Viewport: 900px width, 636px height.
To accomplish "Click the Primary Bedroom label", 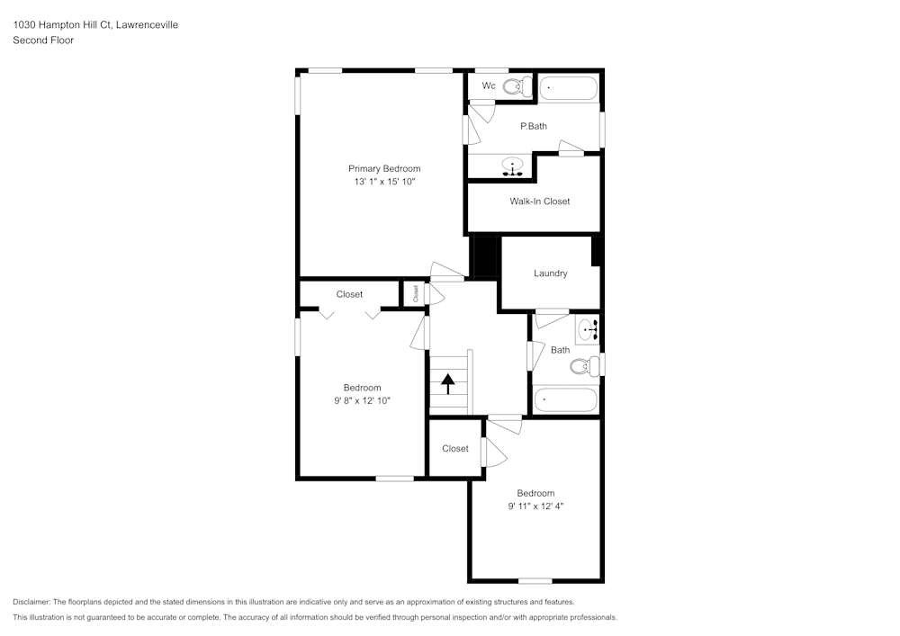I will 384,168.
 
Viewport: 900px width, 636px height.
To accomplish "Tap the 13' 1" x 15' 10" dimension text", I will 384,182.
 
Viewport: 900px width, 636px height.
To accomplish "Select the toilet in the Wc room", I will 516,86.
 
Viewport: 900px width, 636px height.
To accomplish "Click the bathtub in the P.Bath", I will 568,88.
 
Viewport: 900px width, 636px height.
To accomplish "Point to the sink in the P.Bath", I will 513,166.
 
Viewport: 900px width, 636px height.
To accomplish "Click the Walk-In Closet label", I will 540,202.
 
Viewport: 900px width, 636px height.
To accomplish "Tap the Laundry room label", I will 550,273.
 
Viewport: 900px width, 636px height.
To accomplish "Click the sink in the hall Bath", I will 587,330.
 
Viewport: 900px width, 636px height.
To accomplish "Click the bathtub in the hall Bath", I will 566,399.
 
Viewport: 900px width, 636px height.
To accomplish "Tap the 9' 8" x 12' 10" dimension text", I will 362,401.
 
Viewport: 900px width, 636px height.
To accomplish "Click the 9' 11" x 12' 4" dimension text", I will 535,506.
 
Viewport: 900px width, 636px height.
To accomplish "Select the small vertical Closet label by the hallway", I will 415,293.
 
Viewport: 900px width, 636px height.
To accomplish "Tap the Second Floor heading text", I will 43,40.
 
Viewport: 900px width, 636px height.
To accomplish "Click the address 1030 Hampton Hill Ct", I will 62,25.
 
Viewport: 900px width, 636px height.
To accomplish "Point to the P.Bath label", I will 534,126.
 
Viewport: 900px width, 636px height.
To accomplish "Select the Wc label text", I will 489,85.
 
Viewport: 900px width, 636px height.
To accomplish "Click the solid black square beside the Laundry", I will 485,257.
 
